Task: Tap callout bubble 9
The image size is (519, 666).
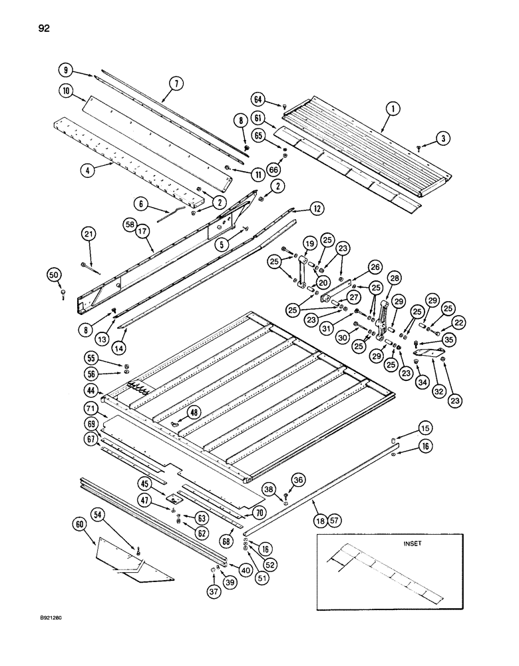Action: [65, 70]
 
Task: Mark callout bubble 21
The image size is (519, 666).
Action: [88, 234]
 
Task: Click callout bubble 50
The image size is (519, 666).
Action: [56, 274]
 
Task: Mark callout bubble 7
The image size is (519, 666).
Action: [176, 84]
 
